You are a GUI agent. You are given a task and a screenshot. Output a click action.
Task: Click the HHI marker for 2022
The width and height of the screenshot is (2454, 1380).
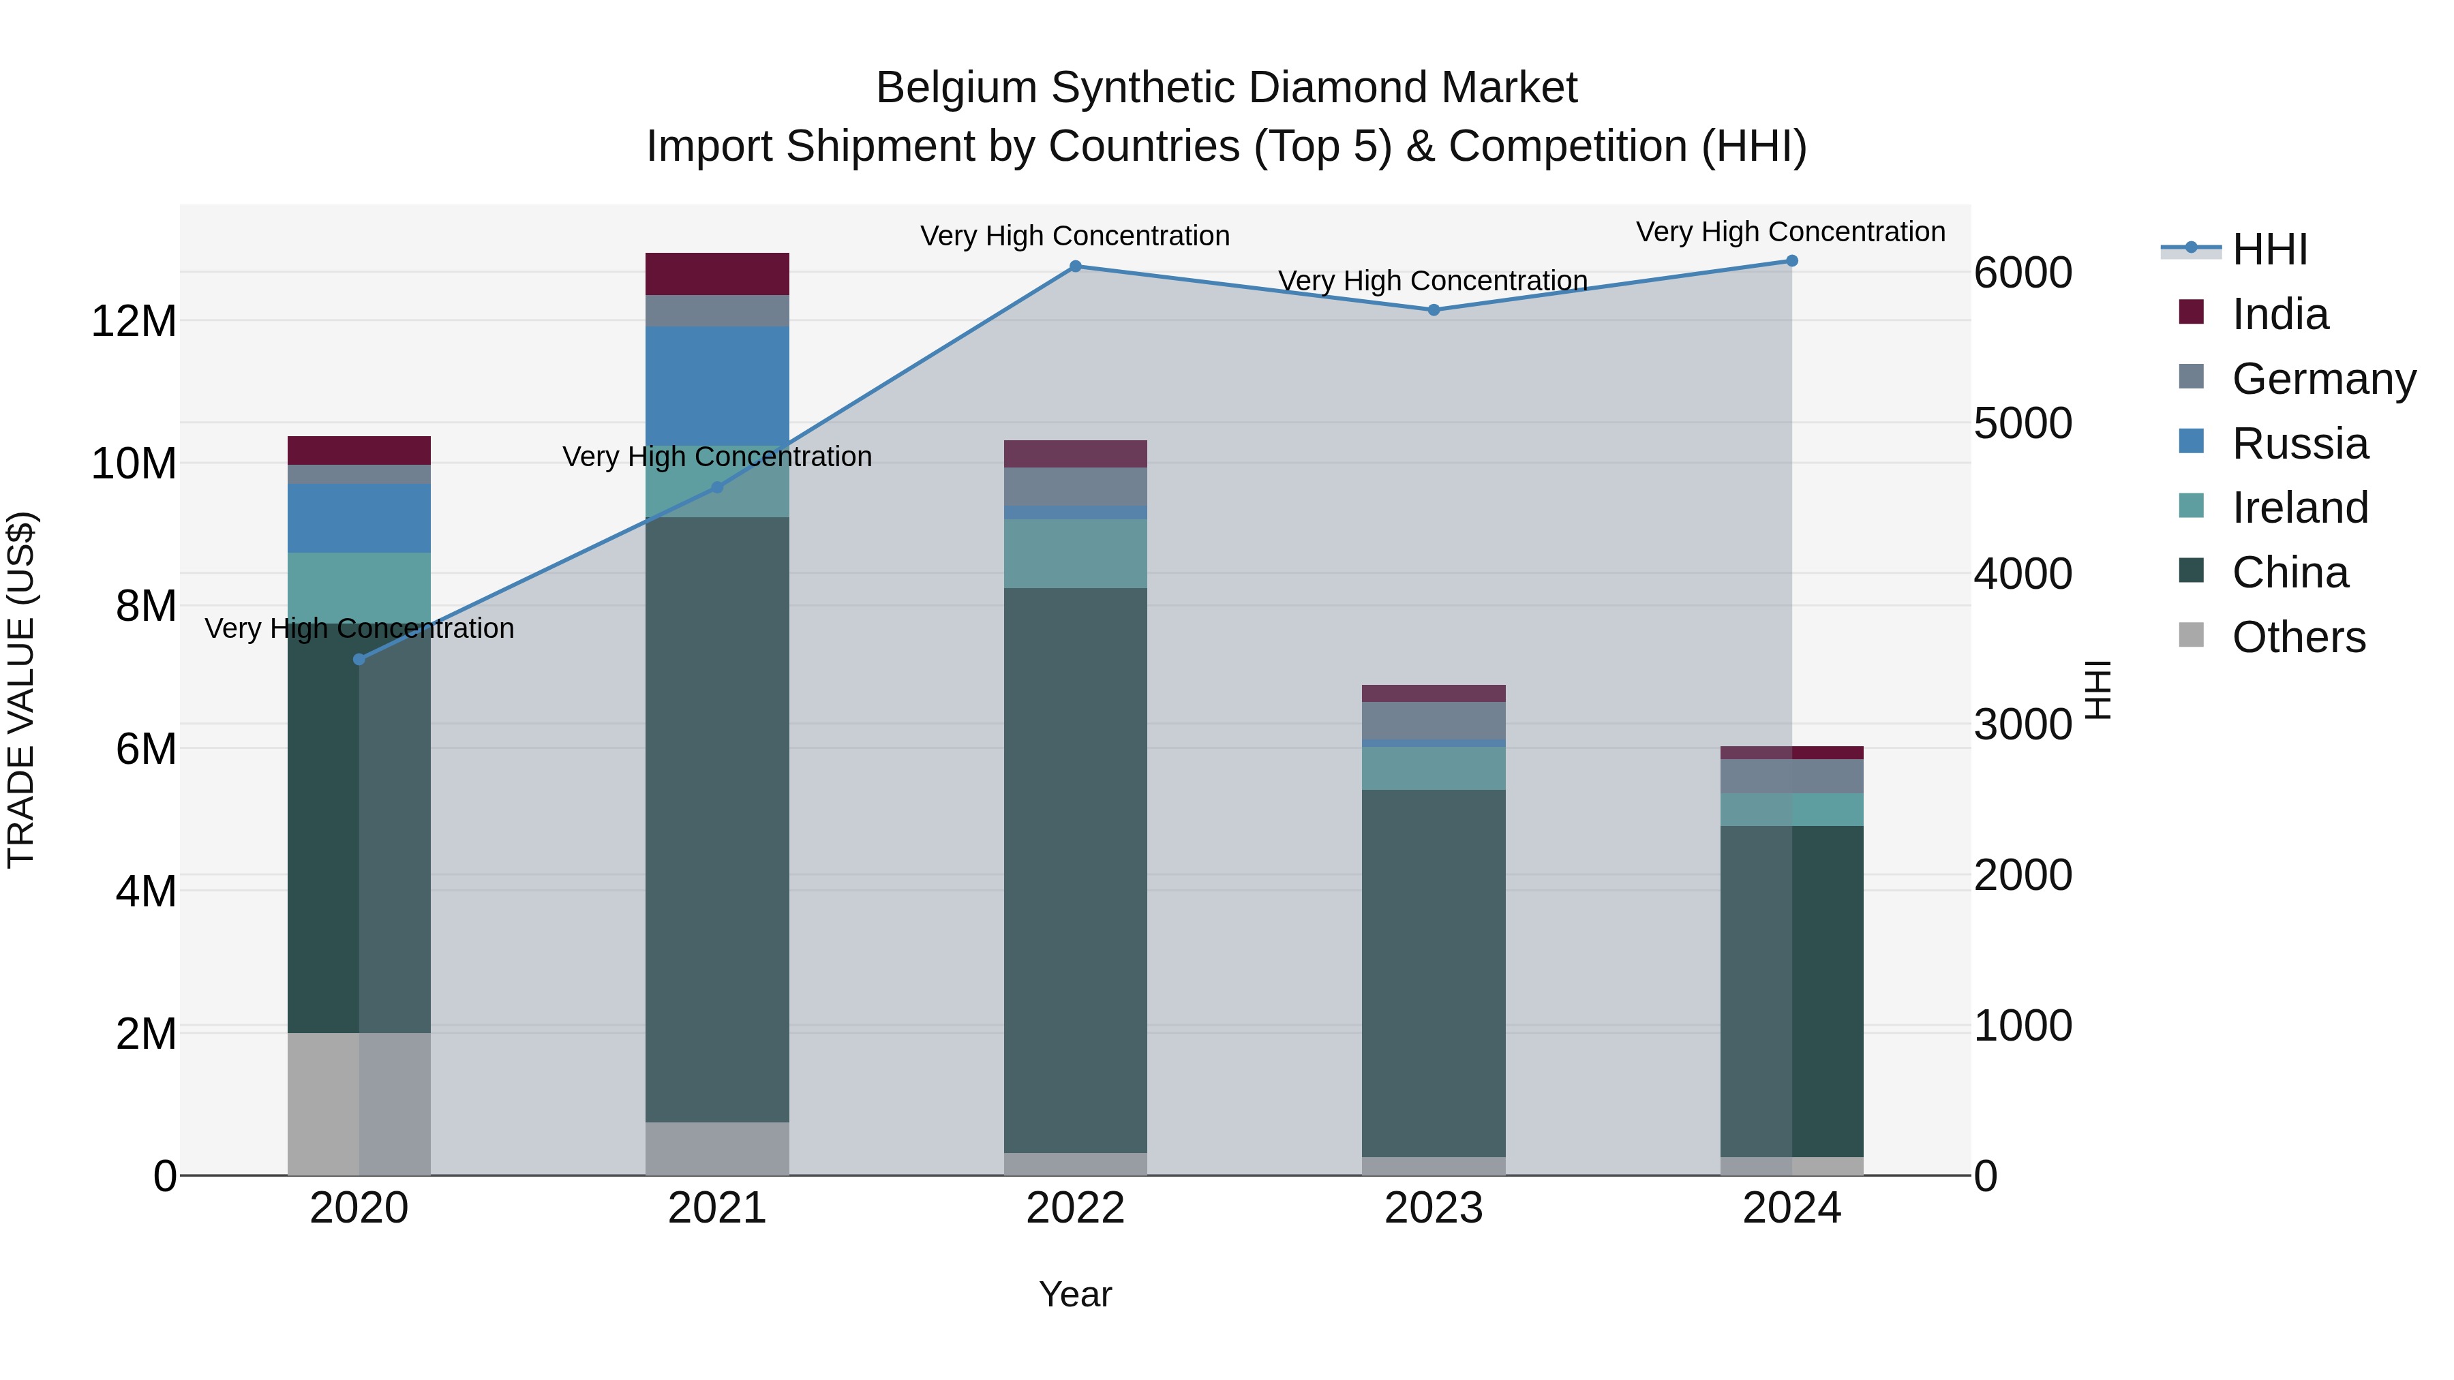(x=1076, y=266)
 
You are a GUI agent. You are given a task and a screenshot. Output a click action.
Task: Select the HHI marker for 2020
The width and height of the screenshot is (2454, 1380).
(x=359, y=659)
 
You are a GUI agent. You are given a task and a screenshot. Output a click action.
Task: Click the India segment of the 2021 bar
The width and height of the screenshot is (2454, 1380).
(x=717, y=273)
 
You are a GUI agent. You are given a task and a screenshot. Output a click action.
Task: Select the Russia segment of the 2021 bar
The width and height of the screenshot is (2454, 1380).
(x=717, y=385)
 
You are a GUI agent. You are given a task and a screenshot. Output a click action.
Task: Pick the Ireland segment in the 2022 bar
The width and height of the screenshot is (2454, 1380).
(x=1076, y=553)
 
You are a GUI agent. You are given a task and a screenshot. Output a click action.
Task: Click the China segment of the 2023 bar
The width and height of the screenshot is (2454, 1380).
(x=1434, y=971)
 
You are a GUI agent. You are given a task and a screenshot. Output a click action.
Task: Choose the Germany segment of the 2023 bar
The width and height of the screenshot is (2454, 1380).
(x=1434, y=720)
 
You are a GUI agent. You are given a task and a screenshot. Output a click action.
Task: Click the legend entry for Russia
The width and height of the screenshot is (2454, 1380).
(x=2300, y=444)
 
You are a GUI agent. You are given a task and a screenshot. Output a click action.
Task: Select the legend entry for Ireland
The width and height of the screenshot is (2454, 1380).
(x=2300, y=508)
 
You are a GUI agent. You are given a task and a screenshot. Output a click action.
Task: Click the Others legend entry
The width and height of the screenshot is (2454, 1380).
(x=2298, y=637)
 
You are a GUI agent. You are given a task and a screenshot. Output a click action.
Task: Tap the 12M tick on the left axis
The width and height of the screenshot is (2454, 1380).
(x=134, y=321)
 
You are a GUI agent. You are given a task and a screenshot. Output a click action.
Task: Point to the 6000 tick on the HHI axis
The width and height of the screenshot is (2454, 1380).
(x=2023, y=273)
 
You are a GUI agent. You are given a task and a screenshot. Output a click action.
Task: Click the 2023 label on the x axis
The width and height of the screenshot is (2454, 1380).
(x=1434, y=1208)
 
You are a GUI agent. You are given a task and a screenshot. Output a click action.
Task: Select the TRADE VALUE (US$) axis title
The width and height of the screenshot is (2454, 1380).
(x=21, y=690)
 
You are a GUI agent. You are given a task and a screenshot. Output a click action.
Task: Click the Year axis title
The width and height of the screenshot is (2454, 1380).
(x=1076, y=1294)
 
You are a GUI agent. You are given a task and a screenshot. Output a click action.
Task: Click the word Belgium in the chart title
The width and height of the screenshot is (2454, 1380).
(x=956, y=88)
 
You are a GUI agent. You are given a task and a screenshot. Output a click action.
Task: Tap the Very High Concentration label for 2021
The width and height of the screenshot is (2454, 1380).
(x=717, y=457)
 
